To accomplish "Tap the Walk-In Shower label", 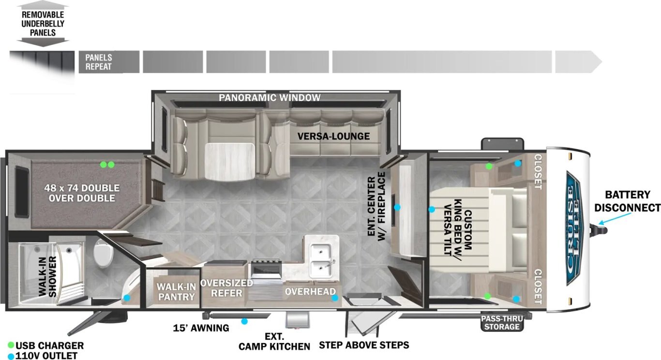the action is [x=47, y=276].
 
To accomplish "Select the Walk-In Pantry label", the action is [x=176, y=292].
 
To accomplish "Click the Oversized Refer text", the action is [x=226, y=288].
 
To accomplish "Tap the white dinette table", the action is [x=229, y=162].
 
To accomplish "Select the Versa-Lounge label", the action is [x=333, y=136].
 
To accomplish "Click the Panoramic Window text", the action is [x=270, y=97].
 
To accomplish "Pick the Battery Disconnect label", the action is [x=627, y=201].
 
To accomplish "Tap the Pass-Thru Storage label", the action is [x=502, y=323].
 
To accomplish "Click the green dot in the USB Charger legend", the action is [x=11, y=345].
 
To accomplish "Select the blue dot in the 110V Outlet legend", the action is [x=11, y=356].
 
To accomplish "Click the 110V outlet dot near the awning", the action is [x=244, y=321].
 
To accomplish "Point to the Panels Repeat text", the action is [x=99, y=62].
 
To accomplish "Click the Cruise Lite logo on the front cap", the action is [x=573, y=229].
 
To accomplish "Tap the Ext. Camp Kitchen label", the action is [x=274, y=342].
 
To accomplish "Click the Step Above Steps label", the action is [x=364, y=345].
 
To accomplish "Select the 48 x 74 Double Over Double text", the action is [x=82, y=193].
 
